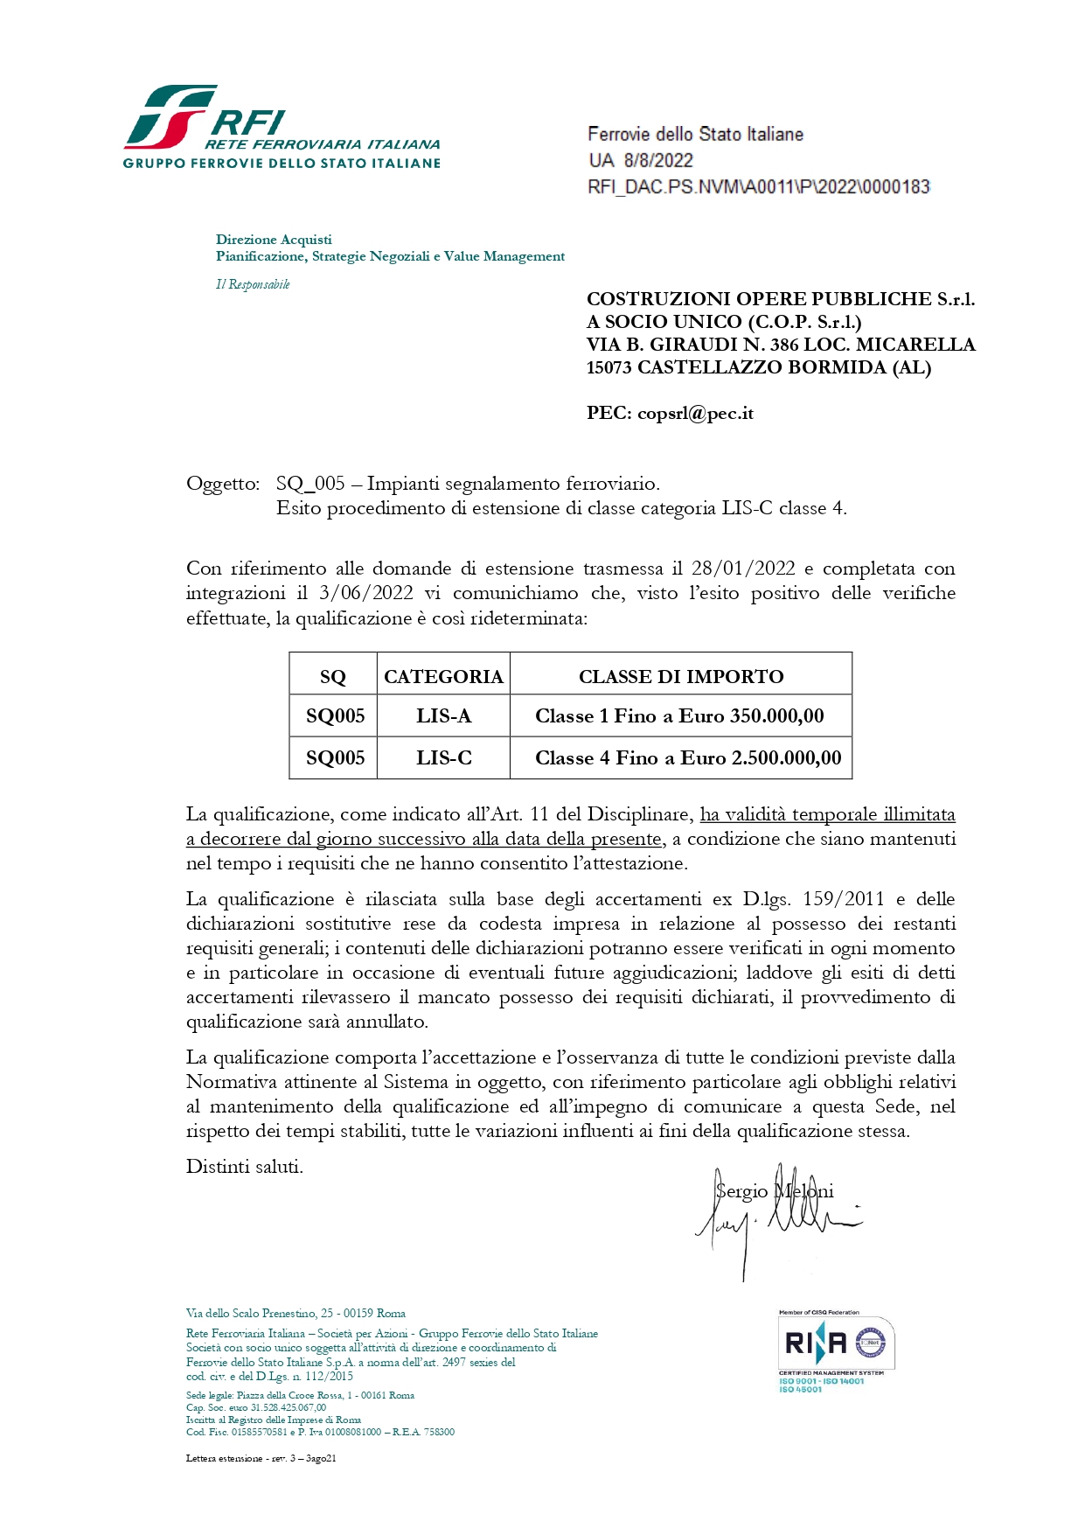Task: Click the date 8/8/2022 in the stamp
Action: (x=657, y=160)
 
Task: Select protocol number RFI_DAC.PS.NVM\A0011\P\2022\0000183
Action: (x=758, y=186)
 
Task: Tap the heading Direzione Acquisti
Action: (x=274, y=239)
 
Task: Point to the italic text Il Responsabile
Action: (x=253, y=284)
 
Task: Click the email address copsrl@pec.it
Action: (x=695, y=414)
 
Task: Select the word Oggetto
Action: (x=222, y=484)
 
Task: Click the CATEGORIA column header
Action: (x=443, y=676)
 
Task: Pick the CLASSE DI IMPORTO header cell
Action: (x=680, y=676)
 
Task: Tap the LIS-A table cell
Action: (x=443, y=716)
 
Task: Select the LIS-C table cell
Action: (x=443, y=757)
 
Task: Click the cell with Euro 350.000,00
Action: (x=680, y=716)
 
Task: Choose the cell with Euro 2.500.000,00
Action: (x=687, y=757)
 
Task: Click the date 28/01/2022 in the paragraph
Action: (x=743, y=569)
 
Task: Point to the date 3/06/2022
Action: (x=366, y=593)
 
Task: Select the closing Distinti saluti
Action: (x=245, y=1166)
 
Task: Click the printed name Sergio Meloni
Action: (x=774, y=1191)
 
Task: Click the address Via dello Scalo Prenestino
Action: (x=296, y=1313)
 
